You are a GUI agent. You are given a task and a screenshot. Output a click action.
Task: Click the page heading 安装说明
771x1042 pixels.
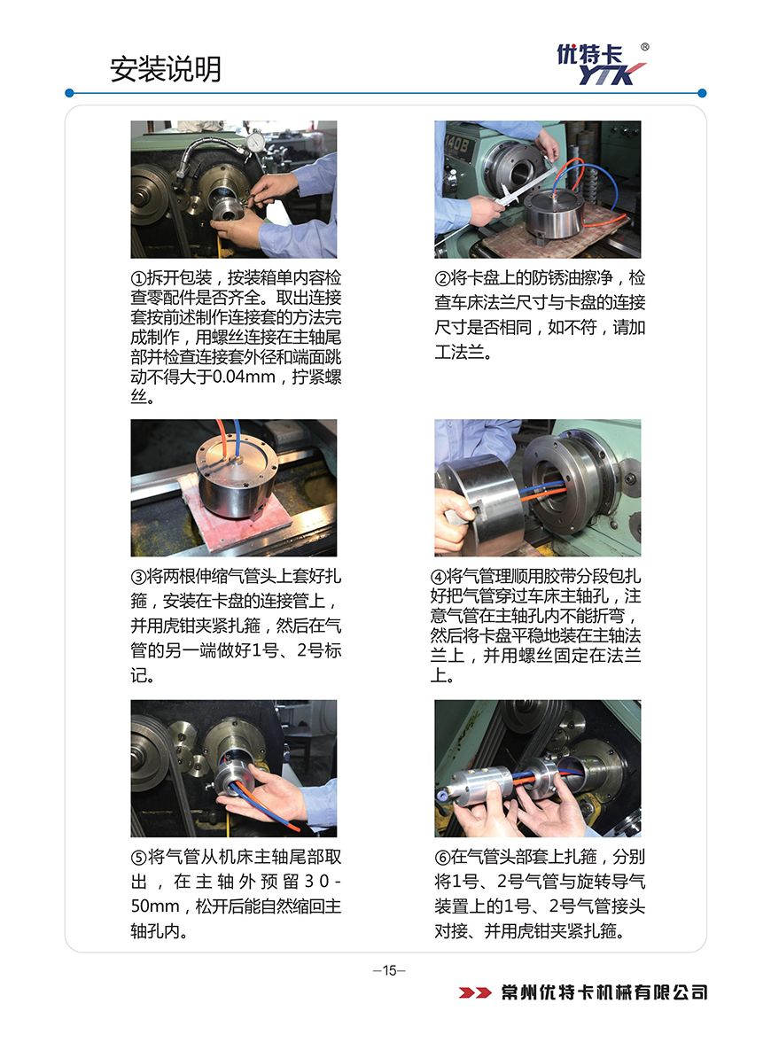166,69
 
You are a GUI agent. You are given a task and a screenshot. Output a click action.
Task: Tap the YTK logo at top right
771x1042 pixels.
602,65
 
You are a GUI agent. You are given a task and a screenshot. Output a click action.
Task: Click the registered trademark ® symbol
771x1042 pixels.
645,47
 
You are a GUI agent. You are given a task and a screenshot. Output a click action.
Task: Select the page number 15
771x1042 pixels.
390,970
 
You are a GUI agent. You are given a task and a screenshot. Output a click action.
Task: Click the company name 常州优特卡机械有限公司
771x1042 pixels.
604,992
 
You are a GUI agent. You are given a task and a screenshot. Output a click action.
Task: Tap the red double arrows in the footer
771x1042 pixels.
475,992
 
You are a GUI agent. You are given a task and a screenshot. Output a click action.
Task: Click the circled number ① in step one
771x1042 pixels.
138,278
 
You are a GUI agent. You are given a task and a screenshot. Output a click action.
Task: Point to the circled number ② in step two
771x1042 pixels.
443,278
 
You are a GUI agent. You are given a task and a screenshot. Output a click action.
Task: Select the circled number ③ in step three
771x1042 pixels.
138,576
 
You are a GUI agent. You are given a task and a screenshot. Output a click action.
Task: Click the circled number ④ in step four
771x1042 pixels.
439,576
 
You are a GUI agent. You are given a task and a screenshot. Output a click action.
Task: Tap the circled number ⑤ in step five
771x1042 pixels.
138,857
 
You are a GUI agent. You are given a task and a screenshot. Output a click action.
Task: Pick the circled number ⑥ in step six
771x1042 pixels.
443,857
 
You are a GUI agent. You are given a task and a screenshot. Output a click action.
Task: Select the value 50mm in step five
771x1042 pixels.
155,906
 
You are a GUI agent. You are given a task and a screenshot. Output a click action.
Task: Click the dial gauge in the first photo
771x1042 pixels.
254,143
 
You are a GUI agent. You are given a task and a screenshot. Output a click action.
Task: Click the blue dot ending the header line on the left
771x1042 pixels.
69,93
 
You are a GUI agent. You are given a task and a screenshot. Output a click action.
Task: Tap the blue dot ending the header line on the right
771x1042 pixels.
703,93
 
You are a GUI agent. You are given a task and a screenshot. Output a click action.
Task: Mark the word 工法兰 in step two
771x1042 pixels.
460,353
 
